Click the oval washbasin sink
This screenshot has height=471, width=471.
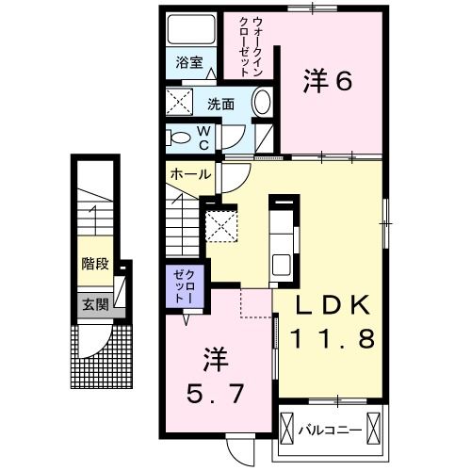pyautogui.click(x=263, y=104)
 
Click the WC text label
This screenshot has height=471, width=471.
pyautogui.click(x=203, y=138)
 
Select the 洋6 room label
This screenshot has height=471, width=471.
pyautogui.click(x=327, y=82)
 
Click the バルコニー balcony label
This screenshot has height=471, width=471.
pyautogui.click(x=330, y=432)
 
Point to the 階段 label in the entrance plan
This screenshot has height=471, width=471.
pyautogui.click(x=93, y=264)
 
